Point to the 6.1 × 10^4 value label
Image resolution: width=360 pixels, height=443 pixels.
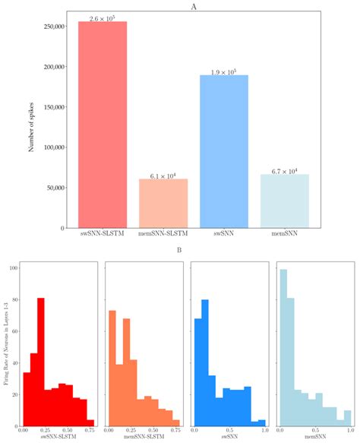click(163, 175)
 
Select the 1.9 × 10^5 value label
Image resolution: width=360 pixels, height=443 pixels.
click(224, 71)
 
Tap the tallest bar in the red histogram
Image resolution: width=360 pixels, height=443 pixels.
click(41, 360)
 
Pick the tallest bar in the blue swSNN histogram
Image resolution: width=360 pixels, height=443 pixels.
click(205, 362)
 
